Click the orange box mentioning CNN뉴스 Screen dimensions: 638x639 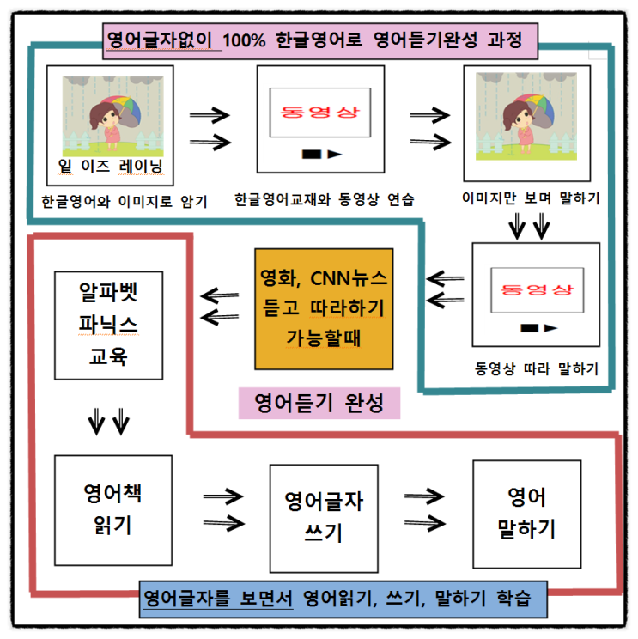click(324, 309)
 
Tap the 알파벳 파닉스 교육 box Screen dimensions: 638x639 click(109, 326)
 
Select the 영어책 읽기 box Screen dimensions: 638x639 click(113, 510)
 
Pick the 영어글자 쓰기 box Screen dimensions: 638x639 click(324, 519)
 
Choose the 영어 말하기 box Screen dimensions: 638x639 click(526, 514)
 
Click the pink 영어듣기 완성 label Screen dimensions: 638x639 click(319, 403)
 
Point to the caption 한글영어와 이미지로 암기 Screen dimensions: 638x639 click(125, 201)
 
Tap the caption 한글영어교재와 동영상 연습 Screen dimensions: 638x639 click(325, 199)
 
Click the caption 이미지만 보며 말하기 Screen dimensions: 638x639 click(531, 198)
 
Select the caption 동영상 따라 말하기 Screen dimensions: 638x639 click(537, 368)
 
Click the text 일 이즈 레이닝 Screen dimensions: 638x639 click(111, 167)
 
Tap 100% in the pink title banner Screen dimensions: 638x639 click(244, 40)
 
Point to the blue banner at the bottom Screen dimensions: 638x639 click(343, 599)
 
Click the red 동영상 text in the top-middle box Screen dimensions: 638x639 click(320, 112)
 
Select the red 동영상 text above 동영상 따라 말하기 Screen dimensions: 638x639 click(537, 289)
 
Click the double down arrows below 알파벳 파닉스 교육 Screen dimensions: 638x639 click(109, 422)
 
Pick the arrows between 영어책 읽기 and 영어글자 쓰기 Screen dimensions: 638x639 click(223, 510)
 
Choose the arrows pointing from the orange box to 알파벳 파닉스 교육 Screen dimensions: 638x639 click(220, 307)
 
